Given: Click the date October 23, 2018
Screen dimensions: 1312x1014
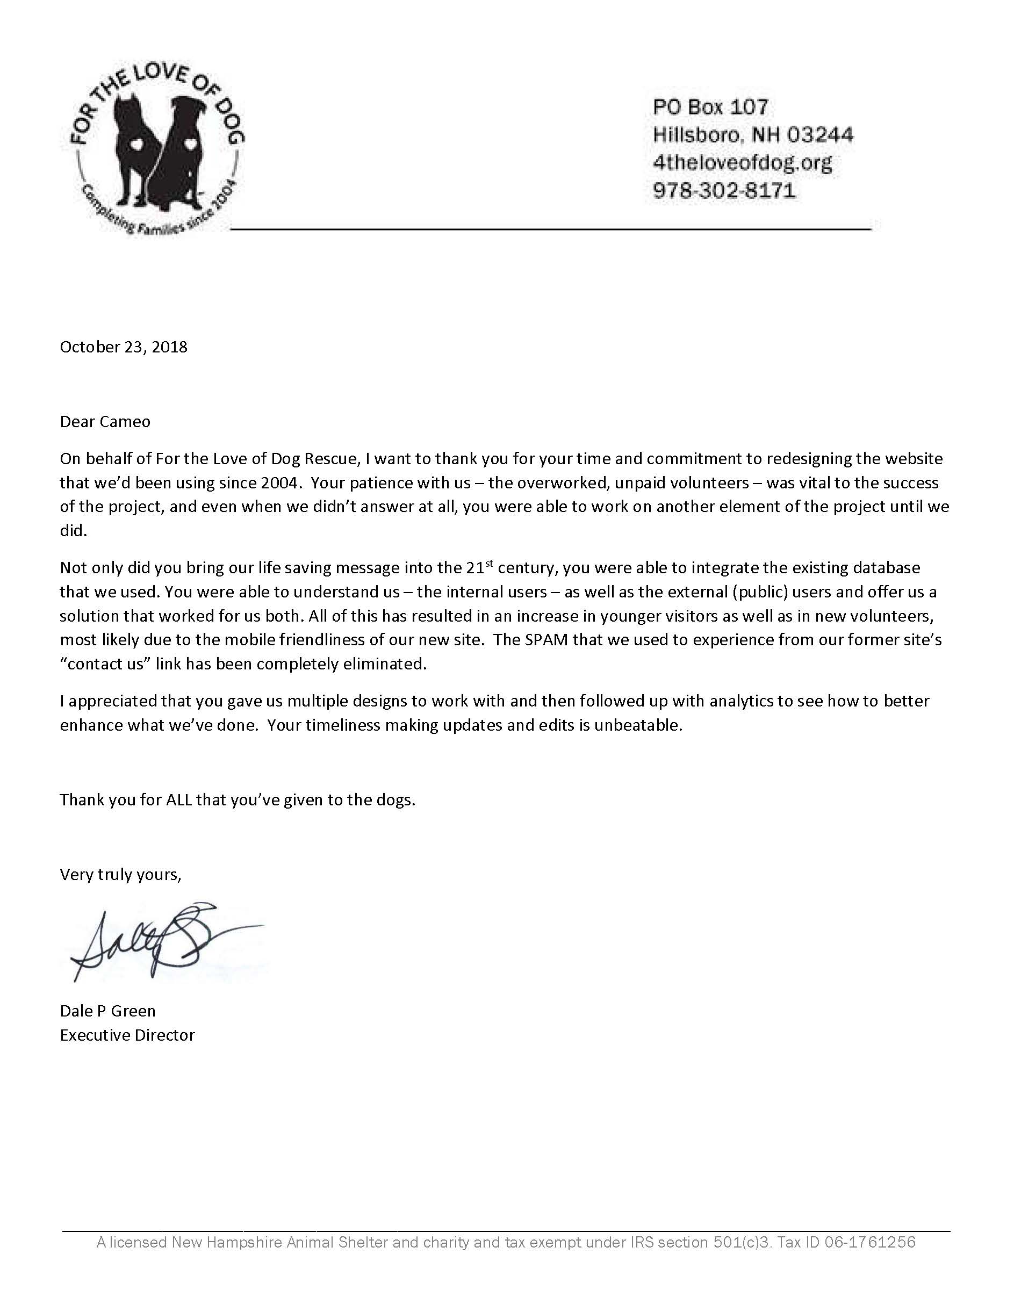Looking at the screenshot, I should [124, 347].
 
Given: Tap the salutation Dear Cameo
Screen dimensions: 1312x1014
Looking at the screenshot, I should [105, 422].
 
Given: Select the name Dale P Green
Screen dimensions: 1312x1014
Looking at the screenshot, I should [107, 1011].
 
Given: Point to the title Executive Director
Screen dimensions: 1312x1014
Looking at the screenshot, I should [127, 1035].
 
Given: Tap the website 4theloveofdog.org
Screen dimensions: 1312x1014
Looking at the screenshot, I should [743, 163].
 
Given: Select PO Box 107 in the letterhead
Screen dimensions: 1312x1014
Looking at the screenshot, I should [710, 107].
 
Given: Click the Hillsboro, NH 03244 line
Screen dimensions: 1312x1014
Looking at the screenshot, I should [753, 134].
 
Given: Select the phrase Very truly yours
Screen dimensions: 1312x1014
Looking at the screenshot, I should [120, 875].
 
